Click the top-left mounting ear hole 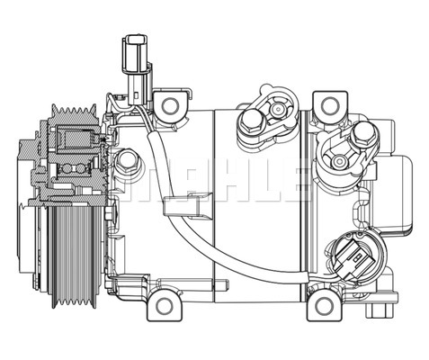click(170, 105)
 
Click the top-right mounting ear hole click(330, 105)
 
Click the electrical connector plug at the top click(135, 70)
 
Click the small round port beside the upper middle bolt click(278, 109)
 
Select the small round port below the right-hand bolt click(339, 161)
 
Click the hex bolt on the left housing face click(128, 162)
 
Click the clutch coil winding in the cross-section click(76, 139)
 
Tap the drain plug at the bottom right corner click(380, 310)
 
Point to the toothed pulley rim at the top click(74, 113)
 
